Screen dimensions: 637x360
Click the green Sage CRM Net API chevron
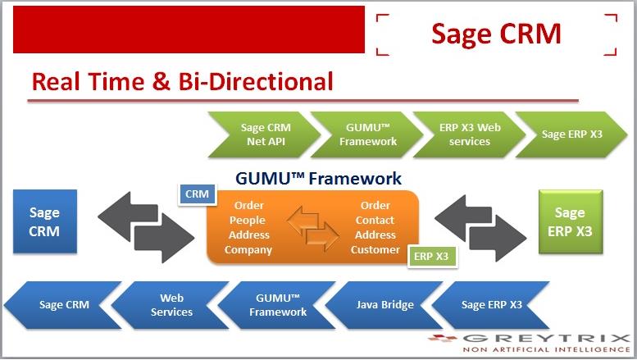pyautogui.click(x=265, y=134)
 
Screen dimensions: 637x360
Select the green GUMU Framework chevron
pyautogui.click(x=367, y=134)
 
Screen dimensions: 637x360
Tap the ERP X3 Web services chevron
pyautogui.click(x=470, y=134)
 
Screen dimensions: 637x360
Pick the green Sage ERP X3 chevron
pyautogui.click(x=572, y=134)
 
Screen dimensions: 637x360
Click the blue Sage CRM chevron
pyautogui.click(x=63, y=305)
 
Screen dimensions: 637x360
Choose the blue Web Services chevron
pyautogui.click(x=171, y=305)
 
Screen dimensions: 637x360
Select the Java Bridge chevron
pyautogui.click(x=384, y=305)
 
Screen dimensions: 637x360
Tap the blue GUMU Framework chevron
pyautogui.click(x=277, y=305)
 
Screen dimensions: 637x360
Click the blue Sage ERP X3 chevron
pyautogui.click(x=491, y=305)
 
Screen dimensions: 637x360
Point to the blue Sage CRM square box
pyautogui.click(x=45, y=221)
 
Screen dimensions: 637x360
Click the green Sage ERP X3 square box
pyautogui.click(x=571, y=222)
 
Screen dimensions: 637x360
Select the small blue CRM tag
pyautogui.click(x=197, y=194)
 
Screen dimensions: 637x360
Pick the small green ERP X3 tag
pyautogui.click(x=432, y=257)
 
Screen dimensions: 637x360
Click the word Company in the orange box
pyautogui.click(x=248, y=250)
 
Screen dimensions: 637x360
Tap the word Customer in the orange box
pyautogui.click(x=375, y=249)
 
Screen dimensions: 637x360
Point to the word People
pyautogui.click(x=248, y=221)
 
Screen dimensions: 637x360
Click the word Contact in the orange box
pyautogui.click(x=375, y=221)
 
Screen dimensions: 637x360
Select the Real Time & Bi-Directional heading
pyautogui.click(x=182, y=81)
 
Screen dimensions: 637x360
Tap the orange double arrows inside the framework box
pyautogui.click(x=313, y=227)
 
